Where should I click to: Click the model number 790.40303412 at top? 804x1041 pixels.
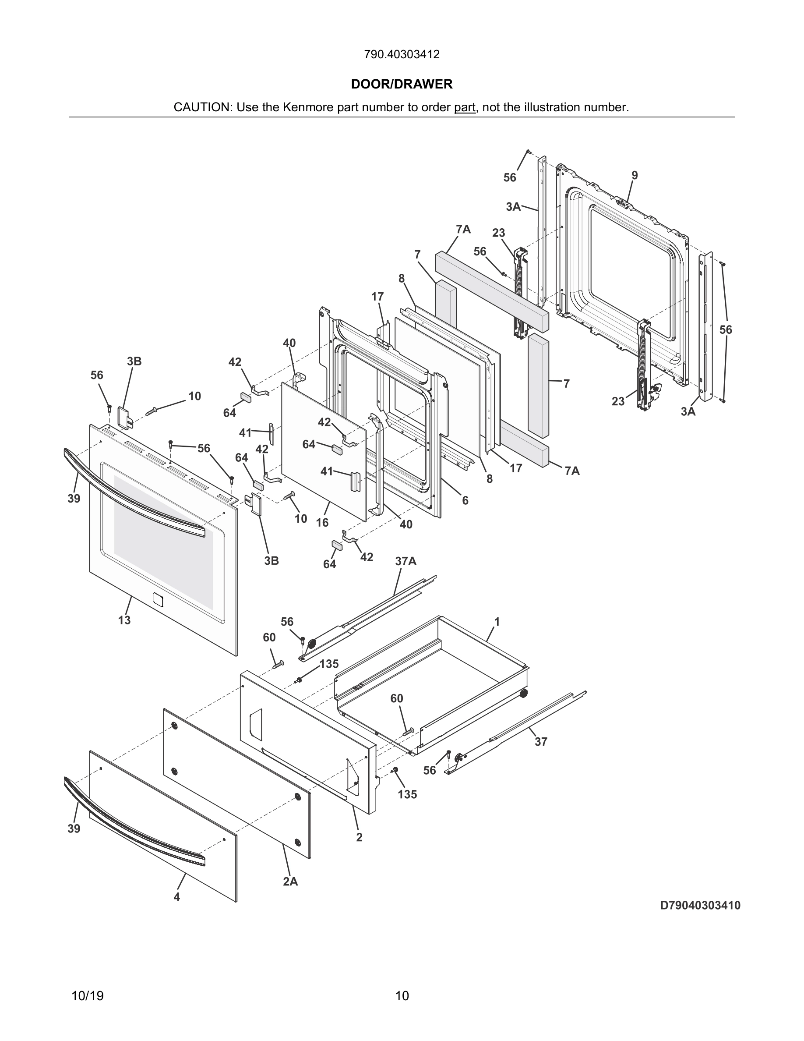pyautogui.click(x=402, y=54)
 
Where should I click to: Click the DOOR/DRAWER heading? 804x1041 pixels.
pyautogui.click(x=402, y=85)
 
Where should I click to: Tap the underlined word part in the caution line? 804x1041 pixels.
pyautogui.click(x=464, y=107)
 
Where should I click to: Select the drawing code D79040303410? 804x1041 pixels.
pyautogui.click(x=700, y=905)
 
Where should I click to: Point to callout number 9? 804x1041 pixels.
pyautogui.click(x=635, y=175)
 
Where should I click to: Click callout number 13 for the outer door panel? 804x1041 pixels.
pyautogui.click(x=124, y=620)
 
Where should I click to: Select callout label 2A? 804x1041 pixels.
pyautogui.click(x=290, y=882)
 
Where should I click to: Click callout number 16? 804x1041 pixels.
pyautogui.click(x=322, y=522)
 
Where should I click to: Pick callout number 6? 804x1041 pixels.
pyautogui.click(x=465, y=500)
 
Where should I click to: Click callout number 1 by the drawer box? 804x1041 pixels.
pyautogui.click(x=497, y=622)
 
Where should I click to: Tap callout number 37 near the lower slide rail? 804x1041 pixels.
pyautogui.click(x=541, y=741)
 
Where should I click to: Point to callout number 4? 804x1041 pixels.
pyautogui.click(x=177, y=896)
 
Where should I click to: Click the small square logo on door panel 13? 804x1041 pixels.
pyautogui.click(x=158, y=599)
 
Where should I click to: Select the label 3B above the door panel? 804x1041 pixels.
pyautogui.click(x=134, y=361)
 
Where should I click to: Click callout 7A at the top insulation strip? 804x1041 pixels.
pyautogui.click(x=463, y=230)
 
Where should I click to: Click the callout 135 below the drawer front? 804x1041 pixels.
pyautogui.click(x=407, y=794)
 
